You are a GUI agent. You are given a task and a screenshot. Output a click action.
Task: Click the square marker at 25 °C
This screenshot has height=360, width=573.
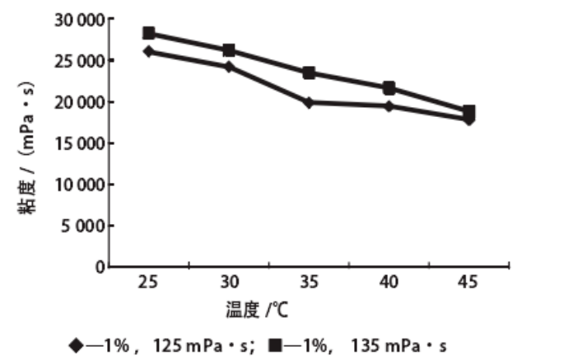click(x=149, y=33)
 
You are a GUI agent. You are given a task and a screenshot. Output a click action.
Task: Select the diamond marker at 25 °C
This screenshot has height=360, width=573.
click(x=149, y=51)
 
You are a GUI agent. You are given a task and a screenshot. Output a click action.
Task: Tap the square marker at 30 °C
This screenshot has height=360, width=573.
click(x=229, y=50)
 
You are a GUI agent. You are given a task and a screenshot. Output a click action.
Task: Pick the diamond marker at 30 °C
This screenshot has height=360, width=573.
click(x=229, y=66)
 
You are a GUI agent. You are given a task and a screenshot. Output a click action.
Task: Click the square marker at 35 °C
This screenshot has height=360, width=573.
click(x=309, y=72)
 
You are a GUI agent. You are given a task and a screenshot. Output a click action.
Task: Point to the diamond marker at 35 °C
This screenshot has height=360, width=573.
click(x=309, y=102)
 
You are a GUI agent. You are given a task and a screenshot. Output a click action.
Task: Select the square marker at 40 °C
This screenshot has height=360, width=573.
click(x=389, y=87)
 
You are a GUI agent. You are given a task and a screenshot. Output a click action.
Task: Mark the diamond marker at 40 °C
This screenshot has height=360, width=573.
click(x=389, y=105)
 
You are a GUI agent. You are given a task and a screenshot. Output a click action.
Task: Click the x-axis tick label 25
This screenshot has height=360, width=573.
click(x=149, y=283)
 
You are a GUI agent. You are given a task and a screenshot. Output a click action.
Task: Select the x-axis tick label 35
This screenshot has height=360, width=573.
click(x=309, y=283)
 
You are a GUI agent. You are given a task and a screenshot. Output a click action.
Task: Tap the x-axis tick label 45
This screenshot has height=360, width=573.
click(x=468, y=283)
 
